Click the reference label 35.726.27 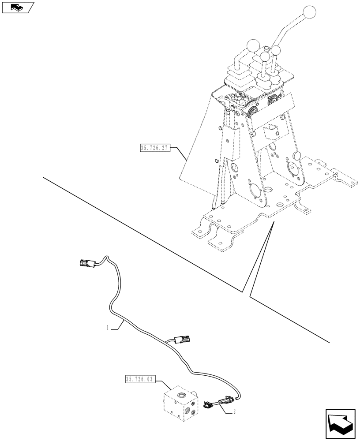(x=154, y=148)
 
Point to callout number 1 (x=107, y=327)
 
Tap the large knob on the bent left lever (x=253, y=45)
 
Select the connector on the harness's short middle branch (x=183, y=340)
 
